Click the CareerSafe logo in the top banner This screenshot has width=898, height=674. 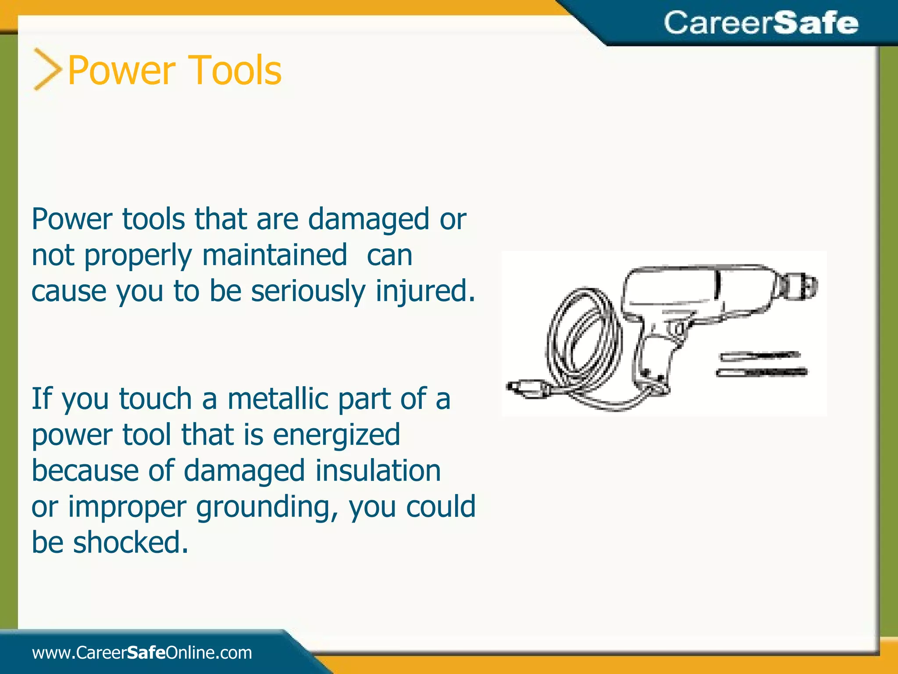coord(760,23)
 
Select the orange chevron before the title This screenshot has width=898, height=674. coord(47,69)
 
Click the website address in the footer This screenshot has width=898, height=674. coord(142,652)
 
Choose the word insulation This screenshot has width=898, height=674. coord(378,470)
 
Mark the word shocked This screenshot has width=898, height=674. coord(130,542)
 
